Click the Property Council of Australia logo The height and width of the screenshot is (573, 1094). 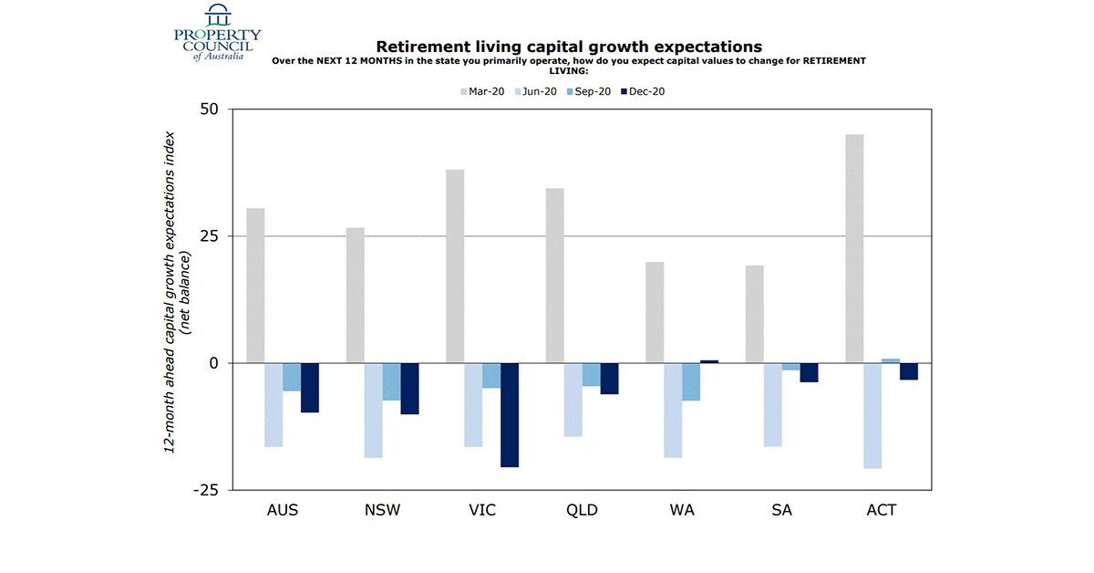tap(217, 33)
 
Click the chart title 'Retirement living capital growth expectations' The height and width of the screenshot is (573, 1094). tap(569, 47)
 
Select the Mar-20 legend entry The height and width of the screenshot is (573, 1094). tap(482, 91)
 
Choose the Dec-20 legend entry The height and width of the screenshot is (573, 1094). tap(644, 91)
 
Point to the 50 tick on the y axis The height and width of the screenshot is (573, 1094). tap(210, 109)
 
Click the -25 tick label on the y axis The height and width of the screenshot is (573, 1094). tap(205, 490)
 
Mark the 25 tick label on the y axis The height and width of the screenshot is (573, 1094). tap(210, 236)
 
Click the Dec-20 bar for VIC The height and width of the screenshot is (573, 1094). tap(509, 415)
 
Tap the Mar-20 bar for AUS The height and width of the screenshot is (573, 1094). tap(255, 286)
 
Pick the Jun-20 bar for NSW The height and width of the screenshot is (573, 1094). tap(373, 410)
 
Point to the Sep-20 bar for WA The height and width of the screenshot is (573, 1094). tap(691, 381)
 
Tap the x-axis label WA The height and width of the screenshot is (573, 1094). tap(681, 510)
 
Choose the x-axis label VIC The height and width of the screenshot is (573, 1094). tap(481, 510)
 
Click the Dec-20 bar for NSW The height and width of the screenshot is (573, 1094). tap(409, 389)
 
